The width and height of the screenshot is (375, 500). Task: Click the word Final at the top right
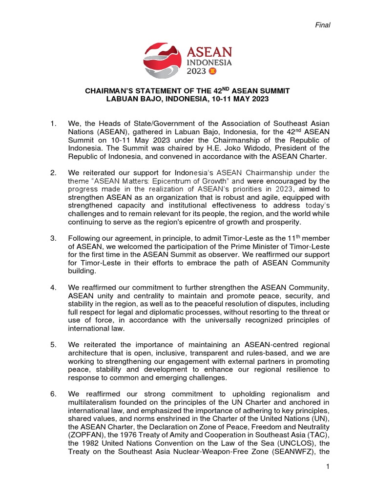coord(323,25)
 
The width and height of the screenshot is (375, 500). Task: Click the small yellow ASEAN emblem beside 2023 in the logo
coord(212,71)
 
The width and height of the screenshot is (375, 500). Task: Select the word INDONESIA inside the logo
coord(209,62)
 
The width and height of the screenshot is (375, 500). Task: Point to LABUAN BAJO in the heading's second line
coord(129,99)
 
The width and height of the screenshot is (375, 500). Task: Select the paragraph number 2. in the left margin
coord(54,173)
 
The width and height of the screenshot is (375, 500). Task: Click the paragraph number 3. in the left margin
coord(54,238)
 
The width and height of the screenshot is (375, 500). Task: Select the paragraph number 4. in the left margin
coord(54,288)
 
